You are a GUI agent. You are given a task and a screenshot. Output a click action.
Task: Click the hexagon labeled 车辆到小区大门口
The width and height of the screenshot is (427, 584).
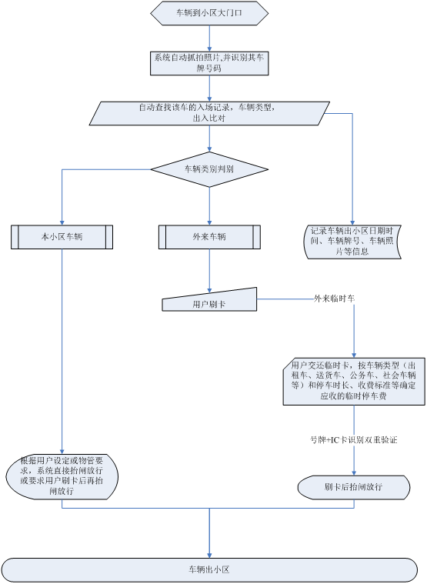point(209,13)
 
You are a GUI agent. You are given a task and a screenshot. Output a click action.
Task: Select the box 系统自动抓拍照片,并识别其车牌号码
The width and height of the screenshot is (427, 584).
point(209,63)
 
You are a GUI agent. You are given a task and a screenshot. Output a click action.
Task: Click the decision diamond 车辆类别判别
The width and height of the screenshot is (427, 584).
point(209,169)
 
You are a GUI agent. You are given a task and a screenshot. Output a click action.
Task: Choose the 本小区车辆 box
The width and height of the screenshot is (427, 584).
point(62,237)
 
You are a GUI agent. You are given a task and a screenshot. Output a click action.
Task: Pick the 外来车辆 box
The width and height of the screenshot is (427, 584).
point(209,237)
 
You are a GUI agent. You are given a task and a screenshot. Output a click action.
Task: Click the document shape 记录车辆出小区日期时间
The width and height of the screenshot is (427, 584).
point(352,241)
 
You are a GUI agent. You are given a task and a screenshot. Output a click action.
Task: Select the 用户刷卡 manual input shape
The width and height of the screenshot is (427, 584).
point(209,301)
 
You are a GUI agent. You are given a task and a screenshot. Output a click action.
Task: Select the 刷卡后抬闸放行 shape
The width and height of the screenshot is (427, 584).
point(353,486)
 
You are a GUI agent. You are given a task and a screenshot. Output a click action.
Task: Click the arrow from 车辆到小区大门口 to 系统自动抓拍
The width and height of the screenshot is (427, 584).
point(209,38)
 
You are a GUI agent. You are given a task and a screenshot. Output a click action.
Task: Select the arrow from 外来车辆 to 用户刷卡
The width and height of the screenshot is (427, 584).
point(209,269)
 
